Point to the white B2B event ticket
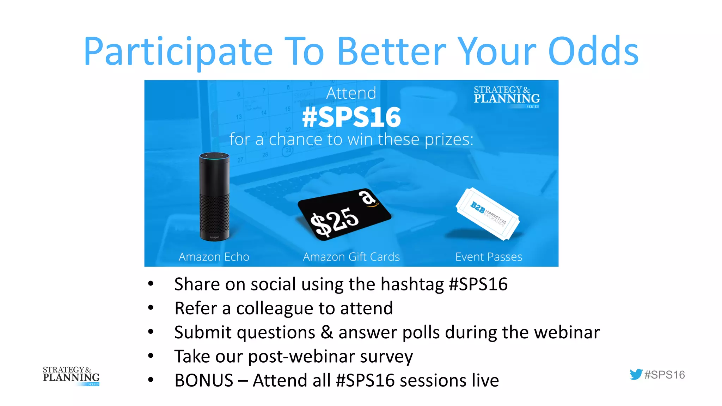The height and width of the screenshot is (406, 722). [x=488, y=214]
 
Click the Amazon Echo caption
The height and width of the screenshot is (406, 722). [x=214, y=257]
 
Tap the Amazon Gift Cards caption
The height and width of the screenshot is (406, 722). [x=351, y=257]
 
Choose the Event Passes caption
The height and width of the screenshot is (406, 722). [x=489, y=257]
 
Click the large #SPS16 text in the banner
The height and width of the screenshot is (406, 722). [x=351, y=117]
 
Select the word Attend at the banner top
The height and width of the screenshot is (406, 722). [x=351, y=93]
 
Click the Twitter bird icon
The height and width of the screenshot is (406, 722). [x=636, y=374]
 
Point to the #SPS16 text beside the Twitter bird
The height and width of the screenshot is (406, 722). [x=665, y=375]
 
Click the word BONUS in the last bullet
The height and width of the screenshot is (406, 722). [x=204, y=381]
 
